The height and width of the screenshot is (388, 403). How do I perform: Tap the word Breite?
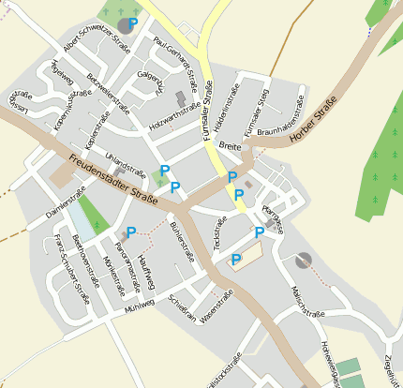click(x=230, y=145)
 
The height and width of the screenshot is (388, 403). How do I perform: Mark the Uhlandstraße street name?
click(x=126, y=162)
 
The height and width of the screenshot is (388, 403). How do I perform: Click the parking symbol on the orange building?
click(x=236, y=259)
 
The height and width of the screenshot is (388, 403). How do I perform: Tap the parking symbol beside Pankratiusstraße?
click(x=131, y=231)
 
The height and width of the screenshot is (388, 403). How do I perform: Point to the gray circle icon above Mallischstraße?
click(x=302, y=260)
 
